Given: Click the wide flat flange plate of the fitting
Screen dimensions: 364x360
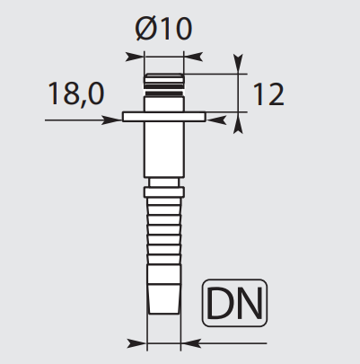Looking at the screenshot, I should [164, 116].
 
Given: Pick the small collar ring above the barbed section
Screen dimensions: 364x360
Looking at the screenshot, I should [163, 191].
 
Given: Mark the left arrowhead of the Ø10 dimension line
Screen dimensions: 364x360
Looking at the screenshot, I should [137, 56].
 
